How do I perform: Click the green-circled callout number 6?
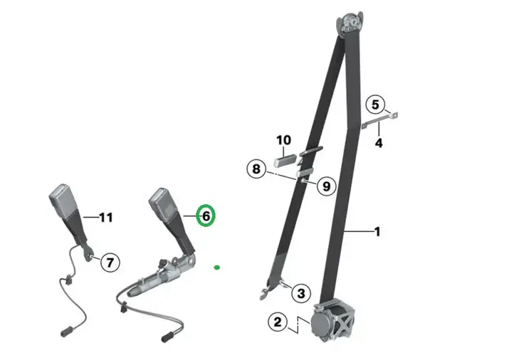[x=206, y=216]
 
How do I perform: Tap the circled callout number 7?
[x=110, y=263]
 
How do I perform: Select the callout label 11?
[x=106, y=217]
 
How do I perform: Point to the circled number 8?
[x=256, y=169]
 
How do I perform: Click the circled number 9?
[x=326, y=186]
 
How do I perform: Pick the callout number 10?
[x=283, y=140]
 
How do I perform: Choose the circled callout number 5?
[x=375, y=105]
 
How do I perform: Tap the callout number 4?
[x=379, y=143]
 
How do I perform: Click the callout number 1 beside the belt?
[x=377, y=232]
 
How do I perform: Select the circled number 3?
[x=301, y=293]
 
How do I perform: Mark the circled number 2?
[x=278, y=322]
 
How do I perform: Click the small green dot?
[x=216, y=268]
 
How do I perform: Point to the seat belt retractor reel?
[x=332, y=320]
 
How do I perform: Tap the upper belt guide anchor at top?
[x=350, y=22]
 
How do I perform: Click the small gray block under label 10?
[x=285, y=160]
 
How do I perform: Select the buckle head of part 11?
[x=63, y=198]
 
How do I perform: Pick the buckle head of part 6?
[x=162, y=202]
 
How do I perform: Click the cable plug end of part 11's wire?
[x=66, y=331]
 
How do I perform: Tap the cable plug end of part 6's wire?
[x=168, y=337]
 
